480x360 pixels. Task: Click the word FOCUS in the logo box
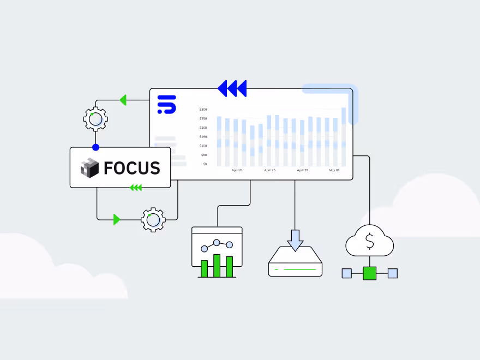click(x=132, y=168)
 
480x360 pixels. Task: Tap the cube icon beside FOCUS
click(x=89, y=168)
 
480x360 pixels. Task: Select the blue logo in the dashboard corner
click(x=166, y=104)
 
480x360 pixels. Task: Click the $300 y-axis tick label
click(x=203, y=109)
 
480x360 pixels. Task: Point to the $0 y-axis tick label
click(x=205, y=164)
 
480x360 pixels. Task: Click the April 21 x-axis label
click(x=237, y=170)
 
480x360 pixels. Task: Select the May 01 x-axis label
click(x=334, y=170)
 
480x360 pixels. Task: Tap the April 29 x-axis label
click(x=302, y=170)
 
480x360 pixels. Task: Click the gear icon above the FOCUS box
click(x=95, y=119)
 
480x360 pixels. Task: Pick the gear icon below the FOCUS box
click(x=153, y=220)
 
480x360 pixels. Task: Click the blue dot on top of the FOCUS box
click(x=96, y=147)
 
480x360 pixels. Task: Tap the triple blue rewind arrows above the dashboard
click(x=232, y=88)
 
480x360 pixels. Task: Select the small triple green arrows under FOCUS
click(x=136, y=188)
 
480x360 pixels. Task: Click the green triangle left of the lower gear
click(x=117, y=219)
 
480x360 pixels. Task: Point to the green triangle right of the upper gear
click(x=123, y=100)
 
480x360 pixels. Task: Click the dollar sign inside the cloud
click(x=370, y=241)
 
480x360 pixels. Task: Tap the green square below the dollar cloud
click(x=370, y=273)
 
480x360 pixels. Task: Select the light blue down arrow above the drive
click(x=295, y=239)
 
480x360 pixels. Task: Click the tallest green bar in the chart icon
click(x=217, y=266)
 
